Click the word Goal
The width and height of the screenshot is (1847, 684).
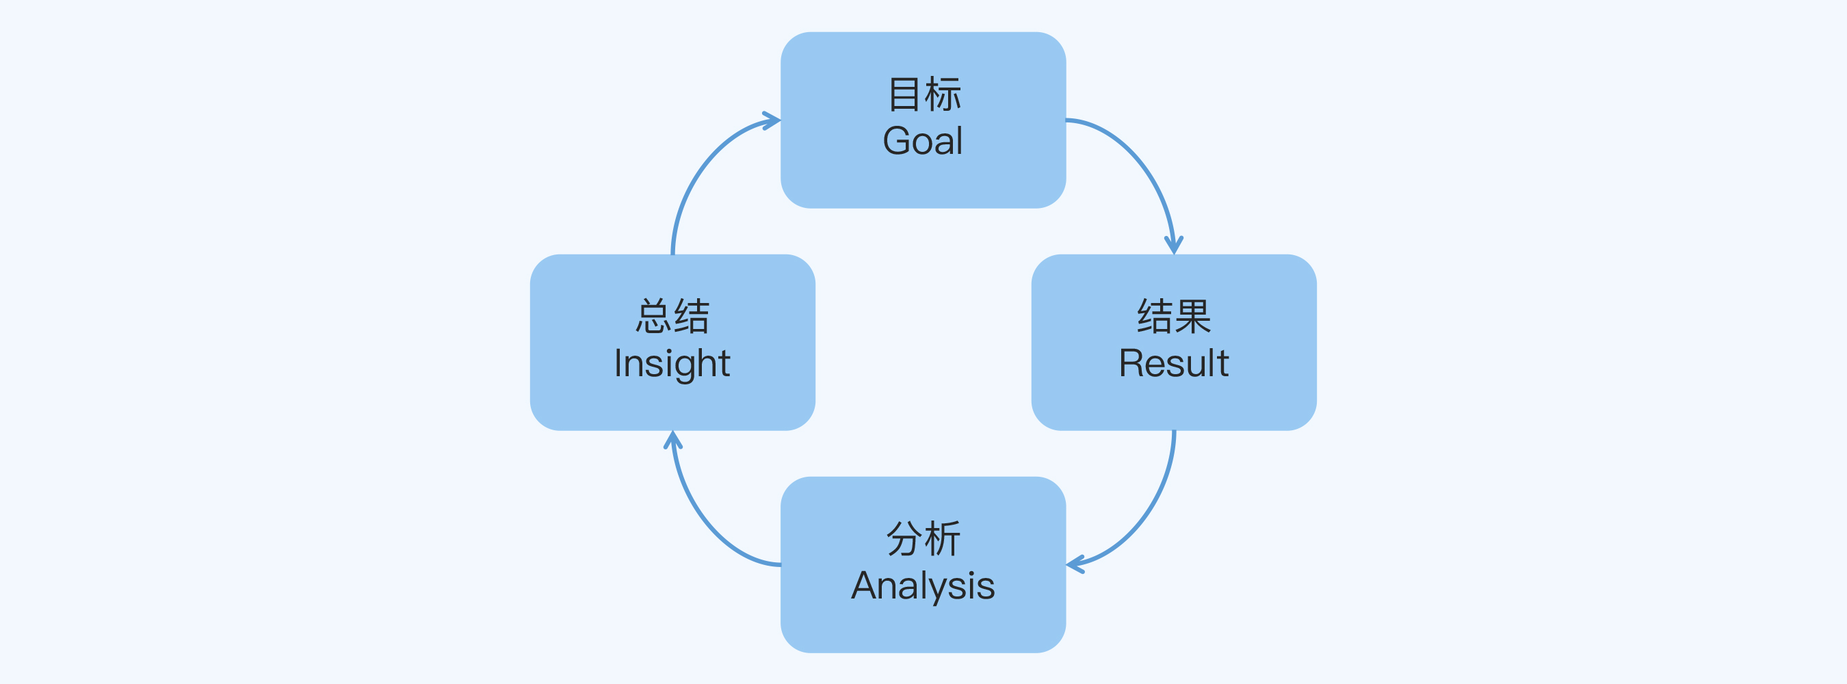point(923,140)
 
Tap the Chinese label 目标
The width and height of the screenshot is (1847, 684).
point(923,94)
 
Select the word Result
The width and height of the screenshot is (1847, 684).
point(1174,363)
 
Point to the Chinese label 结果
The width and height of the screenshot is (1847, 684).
point(1174,316)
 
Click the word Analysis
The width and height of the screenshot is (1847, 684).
point(923,585)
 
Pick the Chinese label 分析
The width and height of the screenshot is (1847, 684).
point(923,538)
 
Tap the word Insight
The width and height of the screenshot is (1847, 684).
point(672,363)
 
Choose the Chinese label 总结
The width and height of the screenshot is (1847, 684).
point(672,316)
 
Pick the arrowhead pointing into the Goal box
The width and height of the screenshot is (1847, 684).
point(772,120)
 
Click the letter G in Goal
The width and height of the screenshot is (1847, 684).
point(896,140)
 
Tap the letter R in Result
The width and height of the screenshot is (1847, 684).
point(1131,363)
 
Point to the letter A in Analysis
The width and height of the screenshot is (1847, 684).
point(865,585)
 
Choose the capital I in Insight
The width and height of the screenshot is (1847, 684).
point(618,363)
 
